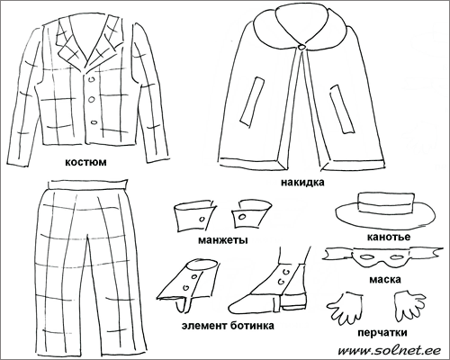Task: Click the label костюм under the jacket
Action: (85, 162)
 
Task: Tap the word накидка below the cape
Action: (302, 183)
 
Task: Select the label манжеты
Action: (223, 240)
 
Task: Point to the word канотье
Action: (389, 237)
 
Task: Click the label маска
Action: (385, 280)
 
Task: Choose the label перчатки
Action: (382, 333)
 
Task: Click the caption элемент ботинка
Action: (228, 326)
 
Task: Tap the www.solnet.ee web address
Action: (389, 350)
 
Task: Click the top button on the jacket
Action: (92, 79)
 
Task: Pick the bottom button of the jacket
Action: (94, 122)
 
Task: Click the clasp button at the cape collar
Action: (301, 47)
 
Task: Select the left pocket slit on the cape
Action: (252, 102)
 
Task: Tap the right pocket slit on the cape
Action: (342, 109)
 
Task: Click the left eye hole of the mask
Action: (366, 257)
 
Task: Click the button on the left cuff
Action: (202, 220)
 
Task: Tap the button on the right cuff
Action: (241, 217)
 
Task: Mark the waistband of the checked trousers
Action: (87, 184)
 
